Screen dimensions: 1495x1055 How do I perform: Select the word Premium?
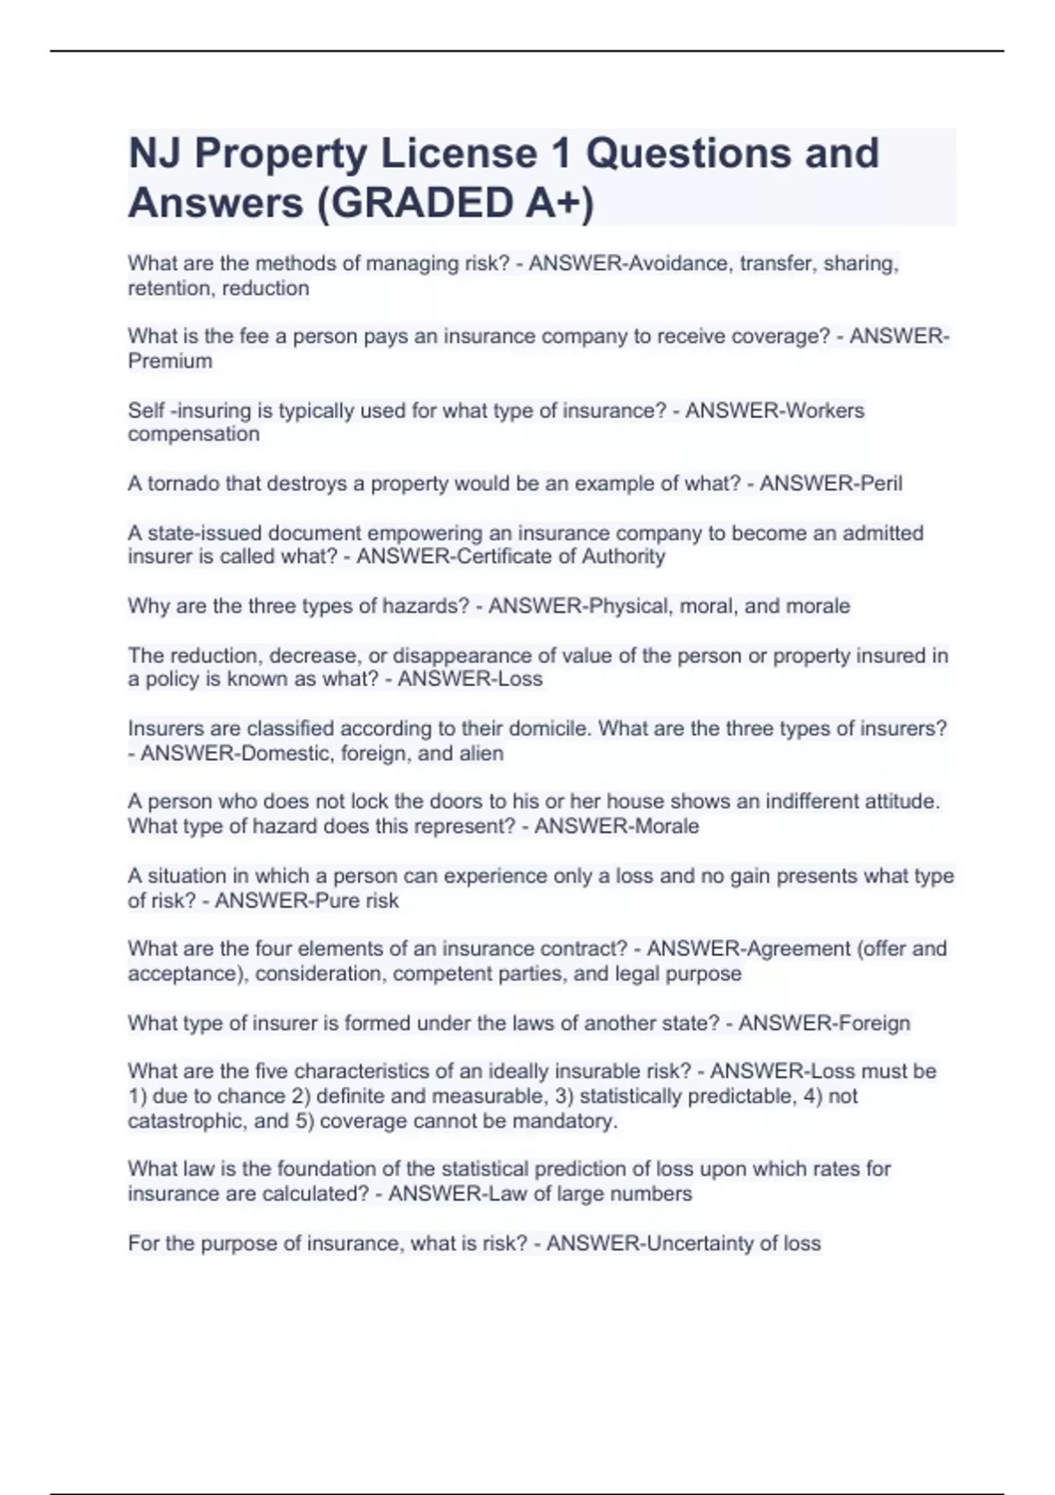click(x=170, y=361)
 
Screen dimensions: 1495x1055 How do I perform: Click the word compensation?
click(x=193, y=434)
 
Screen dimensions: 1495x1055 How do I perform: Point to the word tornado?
click(x=183, y=484)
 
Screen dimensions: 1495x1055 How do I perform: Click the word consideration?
click(x=320, y=974)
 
